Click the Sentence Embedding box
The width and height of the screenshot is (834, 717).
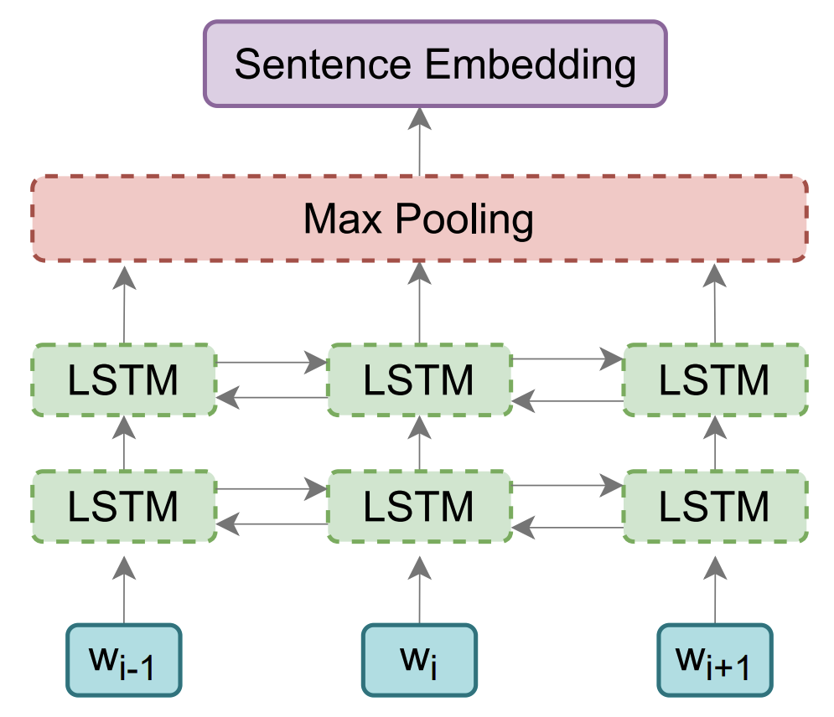[x=435, y=64]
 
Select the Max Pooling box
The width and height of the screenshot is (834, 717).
[x=419, y=219]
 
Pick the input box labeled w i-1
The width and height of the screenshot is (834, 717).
[x=124, y=660]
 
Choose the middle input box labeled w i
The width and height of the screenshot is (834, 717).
[x=419, y=660]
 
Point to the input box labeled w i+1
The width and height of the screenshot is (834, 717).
[x=715, y=660]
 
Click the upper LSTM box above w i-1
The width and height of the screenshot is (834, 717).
[x=124, y=379]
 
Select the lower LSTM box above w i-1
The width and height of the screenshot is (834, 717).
[x=124, y=505]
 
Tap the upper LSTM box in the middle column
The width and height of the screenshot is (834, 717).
[x=419, y=379]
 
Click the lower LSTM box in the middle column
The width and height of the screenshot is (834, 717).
[x=419, y=505]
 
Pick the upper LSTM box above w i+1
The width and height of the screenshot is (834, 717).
[x=715, y=379]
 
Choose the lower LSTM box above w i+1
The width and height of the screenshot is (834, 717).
[x=715, y=505]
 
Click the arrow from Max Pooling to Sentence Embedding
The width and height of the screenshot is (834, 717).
[x=419, y=142]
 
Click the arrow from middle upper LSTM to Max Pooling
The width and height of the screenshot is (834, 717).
[x=419, y=303]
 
